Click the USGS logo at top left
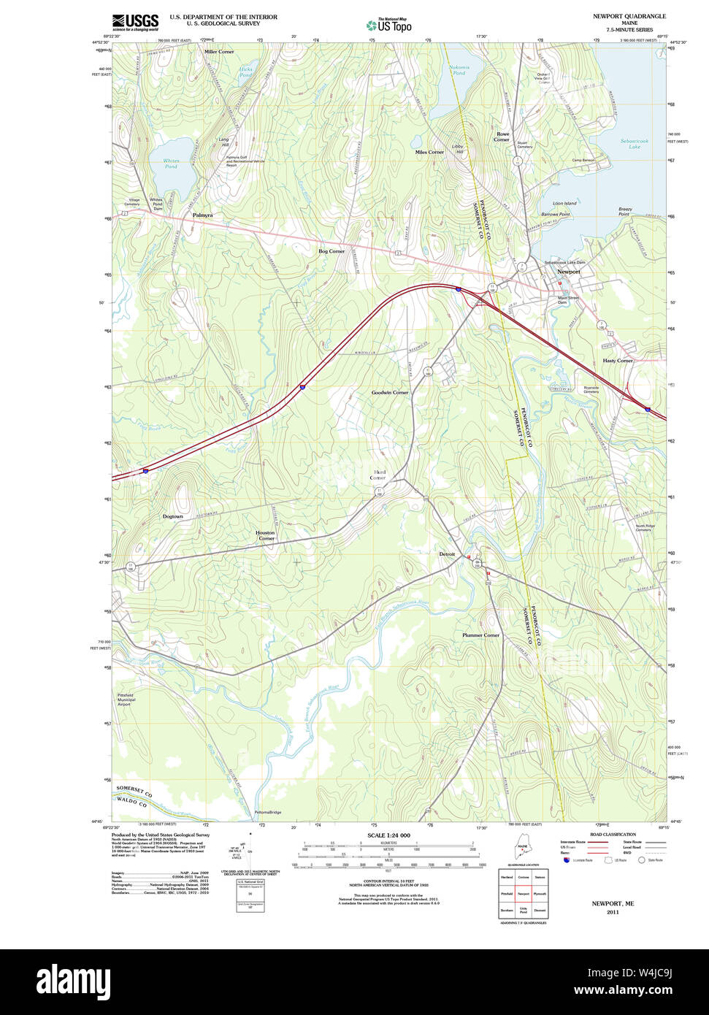pos(135,22)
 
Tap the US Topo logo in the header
pos(389,25)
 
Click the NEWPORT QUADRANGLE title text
pos(629,16)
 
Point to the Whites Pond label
pos(171,164)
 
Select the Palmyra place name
pos(203,215)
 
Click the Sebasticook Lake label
pos(635,144)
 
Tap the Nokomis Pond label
pos(459,70)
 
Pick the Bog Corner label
pos(331,251)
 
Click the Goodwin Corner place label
pos(390,393)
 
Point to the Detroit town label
pos(447,554)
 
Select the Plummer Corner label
pos(480,635)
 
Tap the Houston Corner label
pos(265,535)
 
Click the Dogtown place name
pos(173,516)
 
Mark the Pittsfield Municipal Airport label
pos(126,700)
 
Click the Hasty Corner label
pos(618,361)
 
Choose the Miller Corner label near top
pos(219,52)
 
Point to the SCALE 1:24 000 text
pos(388,835)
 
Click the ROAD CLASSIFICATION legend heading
pos(613,835)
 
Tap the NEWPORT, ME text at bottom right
pos(613,903)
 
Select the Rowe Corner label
pos(502,137)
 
